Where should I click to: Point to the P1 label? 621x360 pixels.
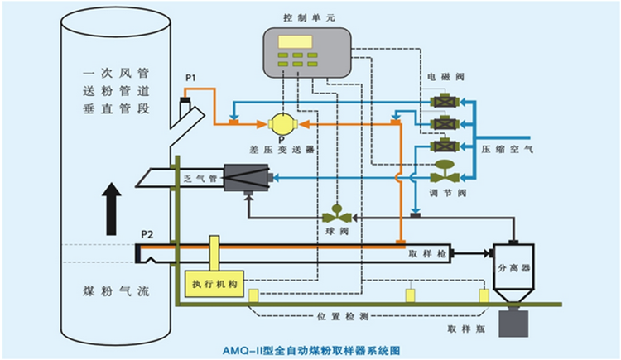190,78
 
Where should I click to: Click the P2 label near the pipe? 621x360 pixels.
147,234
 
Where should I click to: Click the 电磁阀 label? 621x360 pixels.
440,77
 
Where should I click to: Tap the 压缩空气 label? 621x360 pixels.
508,150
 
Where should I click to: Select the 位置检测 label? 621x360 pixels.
336,316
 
